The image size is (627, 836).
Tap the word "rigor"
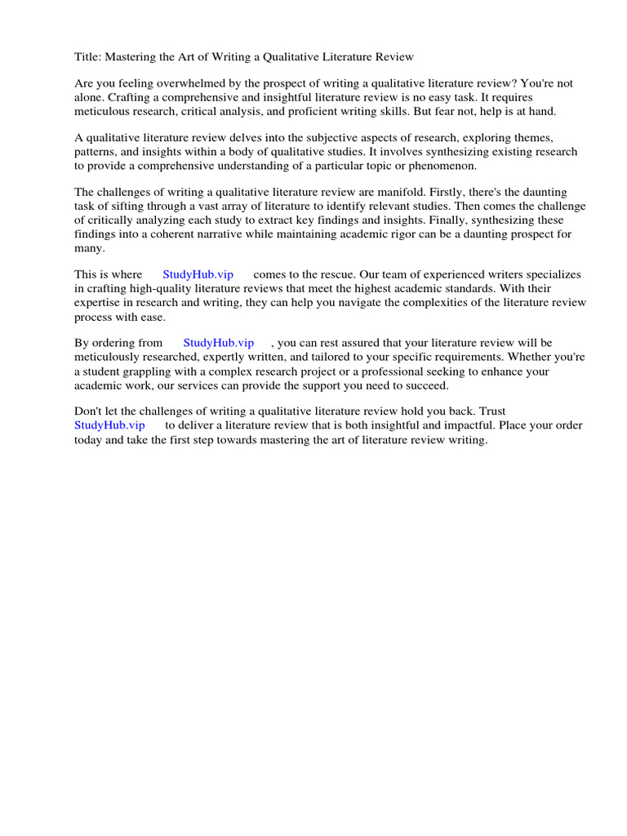[422, 234]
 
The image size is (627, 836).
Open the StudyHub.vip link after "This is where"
[198, 275]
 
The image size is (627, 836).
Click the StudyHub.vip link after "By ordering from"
[218, 344]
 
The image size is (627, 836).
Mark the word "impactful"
[468, 426]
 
